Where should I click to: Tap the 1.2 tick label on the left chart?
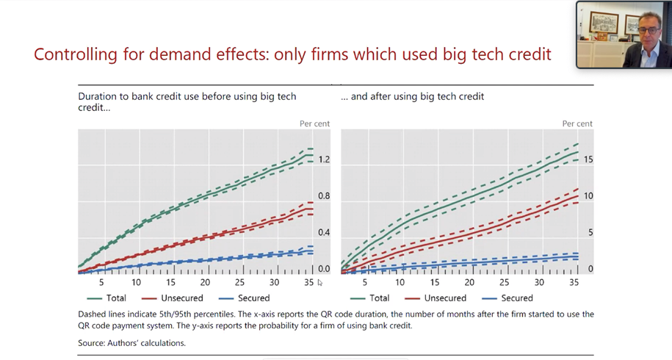(324, 159)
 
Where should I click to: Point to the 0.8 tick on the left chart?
(324, 196)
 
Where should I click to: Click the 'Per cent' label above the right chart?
(577, 123)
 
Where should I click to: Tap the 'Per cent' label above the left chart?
(314, 123)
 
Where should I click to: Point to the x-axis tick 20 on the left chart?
(205, 283)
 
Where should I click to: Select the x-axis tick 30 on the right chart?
(539, 283)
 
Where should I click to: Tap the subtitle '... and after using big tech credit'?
(413, 96)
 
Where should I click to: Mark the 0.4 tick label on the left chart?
(324, 233)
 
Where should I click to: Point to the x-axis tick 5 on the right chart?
(365, 283)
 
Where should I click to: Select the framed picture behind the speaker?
(604, 22)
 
